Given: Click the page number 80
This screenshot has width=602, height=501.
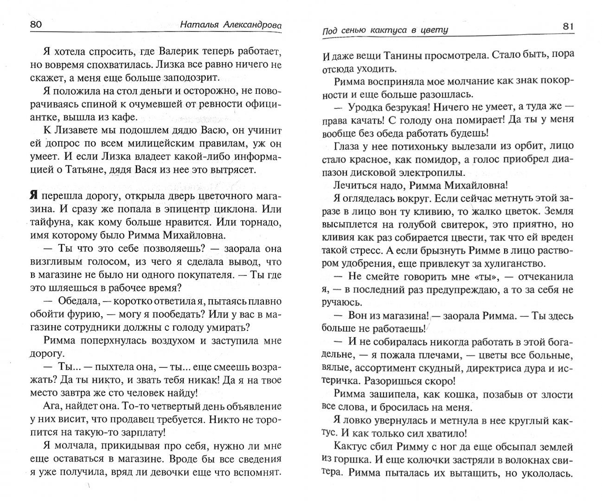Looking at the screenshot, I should (36, 26).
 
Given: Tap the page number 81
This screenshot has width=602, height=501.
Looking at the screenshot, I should (568, 26).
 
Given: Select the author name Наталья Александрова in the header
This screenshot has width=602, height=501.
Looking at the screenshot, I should (231, 26).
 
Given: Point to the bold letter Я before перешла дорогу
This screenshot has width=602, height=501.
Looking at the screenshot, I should (34, 196).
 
